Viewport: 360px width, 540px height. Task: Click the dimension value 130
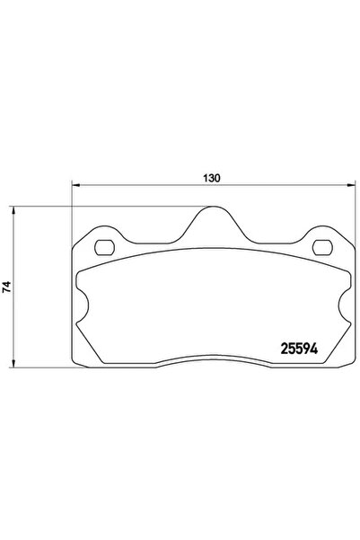pos(212,178)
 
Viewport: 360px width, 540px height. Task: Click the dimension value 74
pos(7,287)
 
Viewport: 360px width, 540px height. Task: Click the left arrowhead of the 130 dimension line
pos(75,186)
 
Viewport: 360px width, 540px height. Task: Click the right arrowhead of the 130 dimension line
pos(349,186)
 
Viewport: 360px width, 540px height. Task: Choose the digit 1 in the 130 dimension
pos(206,178)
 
